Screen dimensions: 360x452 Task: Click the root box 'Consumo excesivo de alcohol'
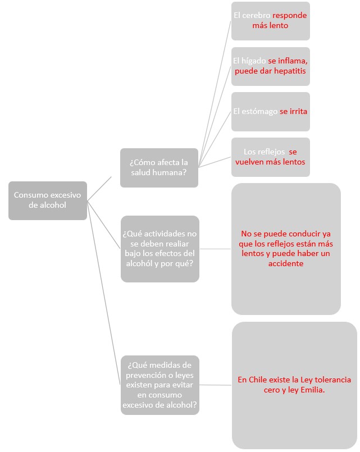tap(48, 200)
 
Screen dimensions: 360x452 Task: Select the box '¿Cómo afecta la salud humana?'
tap(159, 168)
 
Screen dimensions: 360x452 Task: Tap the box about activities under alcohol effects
tap(160, 249)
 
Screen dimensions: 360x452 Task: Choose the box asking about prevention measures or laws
tap(160, 385)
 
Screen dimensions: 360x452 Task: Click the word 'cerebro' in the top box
tap(256, 15)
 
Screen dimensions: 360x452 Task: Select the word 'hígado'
tap(253, 61)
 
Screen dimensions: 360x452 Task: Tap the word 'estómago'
tap(259, 112)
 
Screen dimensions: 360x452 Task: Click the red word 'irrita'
tap(298, 111)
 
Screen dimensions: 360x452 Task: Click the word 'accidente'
tap(286, 263)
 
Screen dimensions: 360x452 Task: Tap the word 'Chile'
tap(258, 380)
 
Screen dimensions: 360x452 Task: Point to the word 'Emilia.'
tap(312, 390)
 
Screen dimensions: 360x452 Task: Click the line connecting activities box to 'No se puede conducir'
tap(215, 249)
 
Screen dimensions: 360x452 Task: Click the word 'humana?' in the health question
tap(172, 173)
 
